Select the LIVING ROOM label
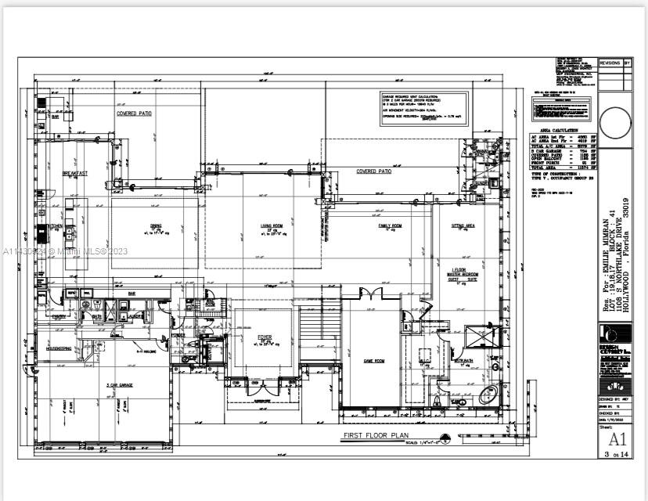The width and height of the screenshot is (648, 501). click(x=271, y=226)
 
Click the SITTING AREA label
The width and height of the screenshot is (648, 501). click(x=463, y=225)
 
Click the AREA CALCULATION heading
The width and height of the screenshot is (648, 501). click(x=560, y=130)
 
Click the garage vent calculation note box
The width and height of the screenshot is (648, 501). click(x=423, y=108)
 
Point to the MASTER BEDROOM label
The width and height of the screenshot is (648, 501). click(x=462, y=276)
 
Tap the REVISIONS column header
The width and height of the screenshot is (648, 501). click(x=610, y=63)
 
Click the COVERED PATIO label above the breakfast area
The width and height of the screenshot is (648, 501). click(x=135, y=114)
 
